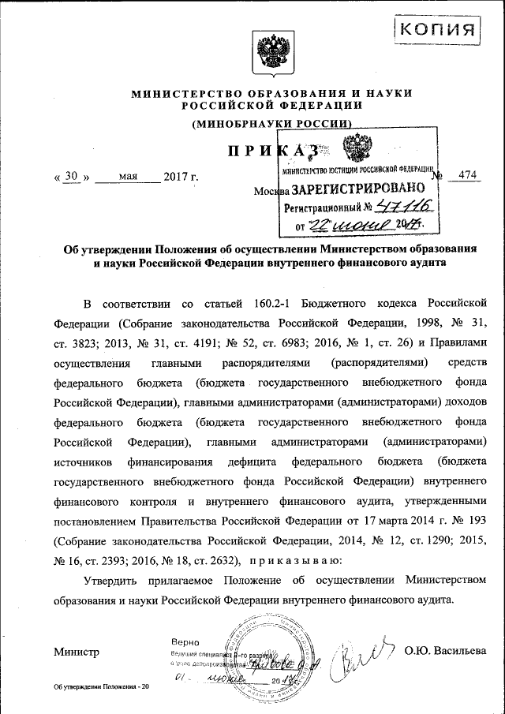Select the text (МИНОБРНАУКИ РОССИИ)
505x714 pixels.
point(271,123)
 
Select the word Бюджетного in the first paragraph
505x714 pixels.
point(361,302)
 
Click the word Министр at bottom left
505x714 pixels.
point(77,652)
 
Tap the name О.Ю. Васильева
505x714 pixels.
point(445,651)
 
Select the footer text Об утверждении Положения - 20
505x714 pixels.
point(101,688)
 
